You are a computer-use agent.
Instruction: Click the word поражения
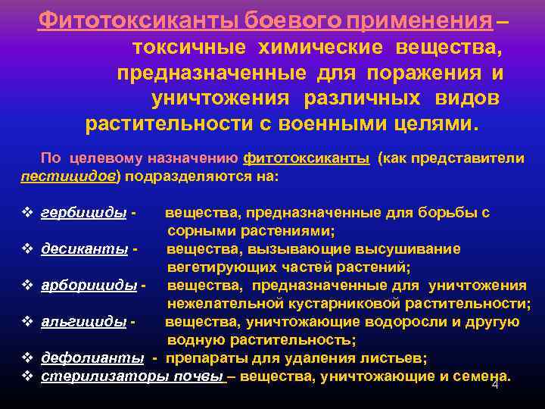[x=425, y=73]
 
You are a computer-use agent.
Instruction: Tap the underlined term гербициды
[x=84, y=213]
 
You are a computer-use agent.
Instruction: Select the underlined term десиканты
[x=86, y=249]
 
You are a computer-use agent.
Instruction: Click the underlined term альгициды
[x=83, y=322]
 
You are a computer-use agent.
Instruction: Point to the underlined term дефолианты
[x=92, y=357]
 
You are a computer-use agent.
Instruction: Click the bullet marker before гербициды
[x=27, y=213]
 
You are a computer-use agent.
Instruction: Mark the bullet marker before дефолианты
[x=27, y=357]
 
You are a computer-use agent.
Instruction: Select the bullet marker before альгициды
[x=27, y=322]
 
